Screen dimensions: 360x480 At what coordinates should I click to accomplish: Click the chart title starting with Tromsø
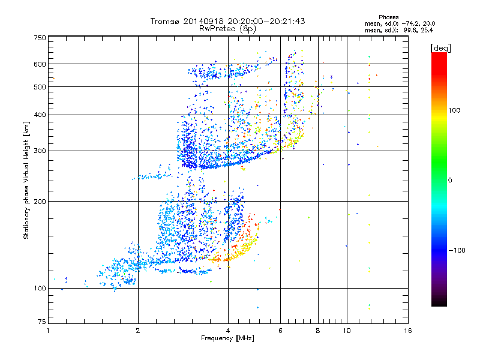pyautogui.click(x=227, y=21)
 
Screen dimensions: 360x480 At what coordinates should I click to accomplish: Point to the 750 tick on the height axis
pyautogui.click(x=40, y=38)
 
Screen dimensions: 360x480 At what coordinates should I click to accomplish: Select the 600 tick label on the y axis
pyautogui.click(x=40, y=64)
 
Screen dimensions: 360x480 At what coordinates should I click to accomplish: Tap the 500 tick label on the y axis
pyautogui.click(x=40, y=87)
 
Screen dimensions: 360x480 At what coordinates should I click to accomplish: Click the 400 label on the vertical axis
pyautogui.click(x=40, y=115)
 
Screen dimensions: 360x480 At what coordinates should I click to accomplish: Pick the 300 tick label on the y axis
pyautogui.click(x=40, y=151)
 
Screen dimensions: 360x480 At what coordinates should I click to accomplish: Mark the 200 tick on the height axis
pyautogui.click(x=40, y=202)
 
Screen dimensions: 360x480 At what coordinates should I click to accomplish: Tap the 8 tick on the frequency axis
pyautogui.click(x=318, y=331)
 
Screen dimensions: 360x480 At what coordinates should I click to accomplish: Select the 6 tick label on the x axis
pyautogui.click(x=281, y=331)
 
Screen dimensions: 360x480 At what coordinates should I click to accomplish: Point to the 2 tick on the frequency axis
pyautogui.click(x=138, y=331)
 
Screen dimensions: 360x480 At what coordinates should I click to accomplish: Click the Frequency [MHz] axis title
pyautogui.click(x=227, y=339)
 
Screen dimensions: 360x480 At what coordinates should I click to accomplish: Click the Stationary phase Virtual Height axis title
pyautogui.click(x=26, y=180)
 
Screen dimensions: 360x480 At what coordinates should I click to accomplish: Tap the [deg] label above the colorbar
pyautogui.click(x=440, y=47)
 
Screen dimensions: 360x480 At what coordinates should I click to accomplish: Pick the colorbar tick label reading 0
pyautogui.click(x=450, y=180)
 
